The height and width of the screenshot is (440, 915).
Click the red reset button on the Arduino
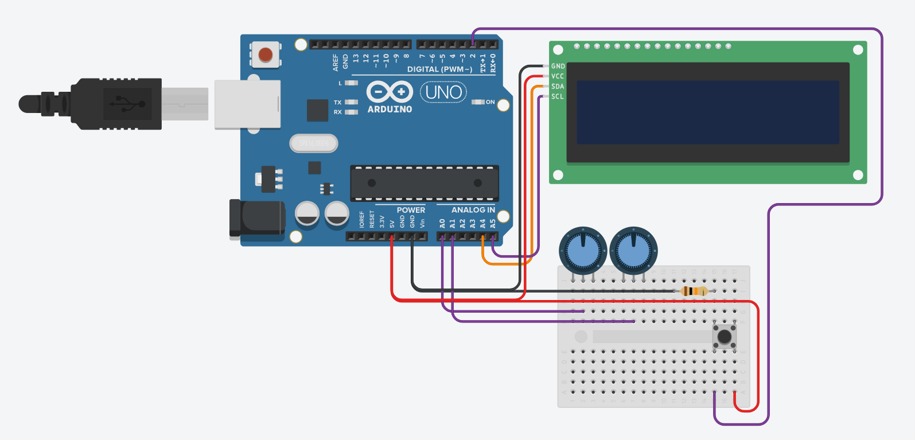tap(266, 55)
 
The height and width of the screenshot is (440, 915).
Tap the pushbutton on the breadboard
tap(725, 336)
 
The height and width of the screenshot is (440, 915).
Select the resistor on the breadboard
tap(694, 291)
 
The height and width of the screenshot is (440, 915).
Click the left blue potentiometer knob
tap(583, 251)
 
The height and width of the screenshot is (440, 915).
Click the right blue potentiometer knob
tap(633, 251)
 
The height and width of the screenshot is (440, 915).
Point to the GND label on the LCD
tap(558, 67)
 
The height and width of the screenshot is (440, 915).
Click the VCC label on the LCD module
tap(558, 76)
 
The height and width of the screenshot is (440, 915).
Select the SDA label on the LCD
tap(558, 87)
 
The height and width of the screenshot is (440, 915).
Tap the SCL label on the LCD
tap(558, 96)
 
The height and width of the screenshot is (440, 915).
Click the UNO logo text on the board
tap(443, 92)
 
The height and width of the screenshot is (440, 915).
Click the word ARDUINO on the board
tap(390, 109)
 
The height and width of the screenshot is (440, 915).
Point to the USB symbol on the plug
tap(127, 104)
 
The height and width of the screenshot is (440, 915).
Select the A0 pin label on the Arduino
tap(442, 223)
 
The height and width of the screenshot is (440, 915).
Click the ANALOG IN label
tap(473, 210)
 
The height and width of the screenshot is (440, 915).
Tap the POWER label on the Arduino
tap(411, 210)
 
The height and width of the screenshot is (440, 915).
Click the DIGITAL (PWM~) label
tap(439, 69)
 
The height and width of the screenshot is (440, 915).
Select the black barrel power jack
tap(257, 218)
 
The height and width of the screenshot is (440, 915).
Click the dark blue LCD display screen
tap(707, 112)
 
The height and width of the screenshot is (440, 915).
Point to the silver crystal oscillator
tap(314, 143)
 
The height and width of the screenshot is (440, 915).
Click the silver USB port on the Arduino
tap(247, 104)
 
